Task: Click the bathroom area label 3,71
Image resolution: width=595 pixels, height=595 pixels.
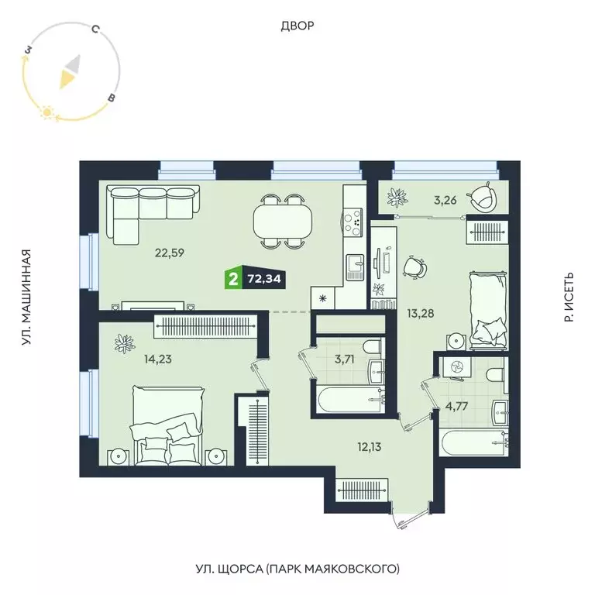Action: pos(342,359)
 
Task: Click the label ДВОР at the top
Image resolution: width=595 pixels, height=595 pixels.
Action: pos(297,26)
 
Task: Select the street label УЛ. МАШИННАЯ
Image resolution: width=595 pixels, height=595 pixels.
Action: pos(26,297)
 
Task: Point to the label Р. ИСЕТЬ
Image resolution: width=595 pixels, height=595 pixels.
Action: pos(569,297)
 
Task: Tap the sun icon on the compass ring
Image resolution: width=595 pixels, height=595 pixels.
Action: pos(46,113)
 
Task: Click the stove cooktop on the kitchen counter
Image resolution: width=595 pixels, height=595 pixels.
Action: pos(355,221)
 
